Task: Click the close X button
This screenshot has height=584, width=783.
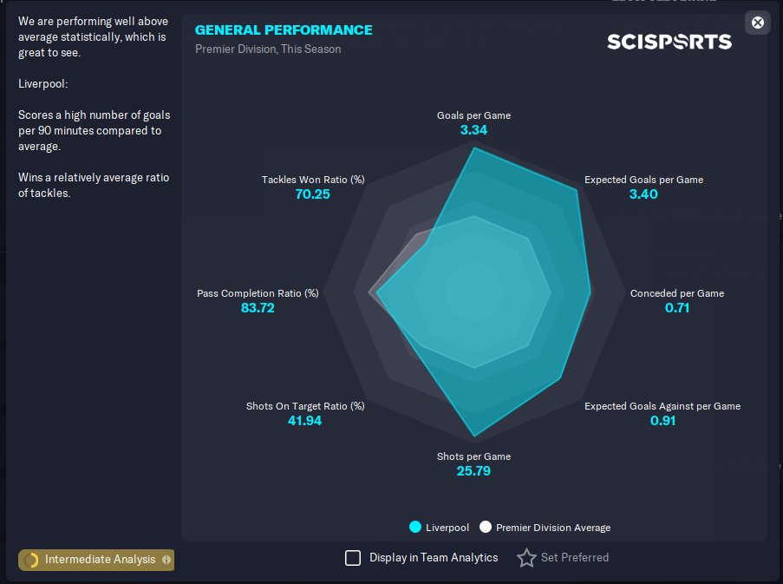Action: [x=758, y=23]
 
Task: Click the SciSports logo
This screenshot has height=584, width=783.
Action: [x=669, y=42]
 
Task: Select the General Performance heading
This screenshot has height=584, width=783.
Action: [x=284, y=30]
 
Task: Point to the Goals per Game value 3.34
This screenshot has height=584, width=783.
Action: [x=473, y=130]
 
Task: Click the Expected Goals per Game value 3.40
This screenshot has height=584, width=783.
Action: [x=643, y=194]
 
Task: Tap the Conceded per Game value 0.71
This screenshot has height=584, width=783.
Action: [x=676, y=308]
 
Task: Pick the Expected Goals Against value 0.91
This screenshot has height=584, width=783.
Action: [x=662, y=421]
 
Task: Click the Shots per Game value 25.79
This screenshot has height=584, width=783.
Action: [x=473, y=471]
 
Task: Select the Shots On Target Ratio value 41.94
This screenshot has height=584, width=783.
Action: [x=305, y=421]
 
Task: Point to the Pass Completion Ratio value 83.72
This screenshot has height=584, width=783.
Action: [x=258, y=308]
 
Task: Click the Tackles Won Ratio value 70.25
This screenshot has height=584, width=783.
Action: [x=312, y=194]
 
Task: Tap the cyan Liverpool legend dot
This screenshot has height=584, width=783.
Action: [x=415, y=527]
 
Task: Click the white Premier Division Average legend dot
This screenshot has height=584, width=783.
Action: [x=486, y=527]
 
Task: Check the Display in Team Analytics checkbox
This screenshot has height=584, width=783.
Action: [x=353, y=558]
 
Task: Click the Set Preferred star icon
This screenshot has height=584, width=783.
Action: [x=526, y=558]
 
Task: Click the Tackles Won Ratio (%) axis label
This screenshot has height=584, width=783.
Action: [x=313, y=180]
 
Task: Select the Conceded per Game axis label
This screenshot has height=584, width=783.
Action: [x=676, y=293]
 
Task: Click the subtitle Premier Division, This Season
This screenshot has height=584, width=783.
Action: [x=268, y=49]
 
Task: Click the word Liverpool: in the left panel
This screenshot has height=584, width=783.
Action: [x=43, y=84]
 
